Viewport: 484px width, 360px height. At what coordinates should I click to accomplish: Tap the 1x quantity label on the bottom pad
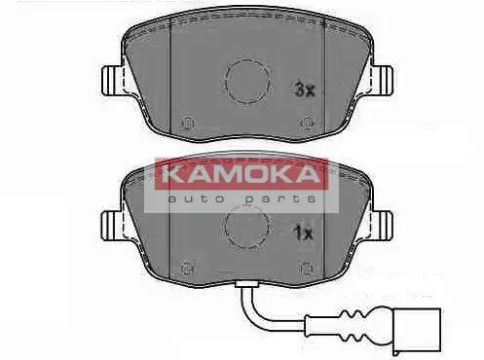tap(303, 234)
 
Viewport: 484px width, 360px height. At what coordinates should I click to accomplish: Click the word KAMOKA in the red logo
tap(233, 175)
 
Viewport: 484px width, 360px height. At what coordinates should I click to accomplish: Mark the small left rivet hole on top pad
tap(188, 122)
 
